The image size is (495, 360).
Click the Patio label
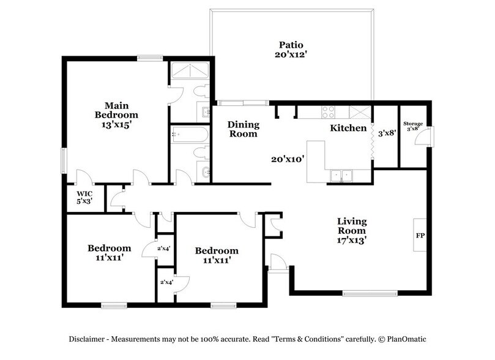tap(291, 45)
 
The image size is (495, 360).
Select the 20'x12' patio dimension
tap(291, 54)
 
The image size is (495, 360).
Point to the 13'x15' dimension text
tap(116, 124)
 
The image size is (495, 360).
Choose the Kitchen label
tap(348, 129)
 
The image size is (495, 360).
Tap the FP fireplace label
tap(420, 235)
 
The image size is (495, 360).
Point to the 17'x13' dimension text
tap(352, 241)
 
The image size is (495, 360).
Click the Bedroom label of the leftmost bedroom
tap(109, 248)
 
